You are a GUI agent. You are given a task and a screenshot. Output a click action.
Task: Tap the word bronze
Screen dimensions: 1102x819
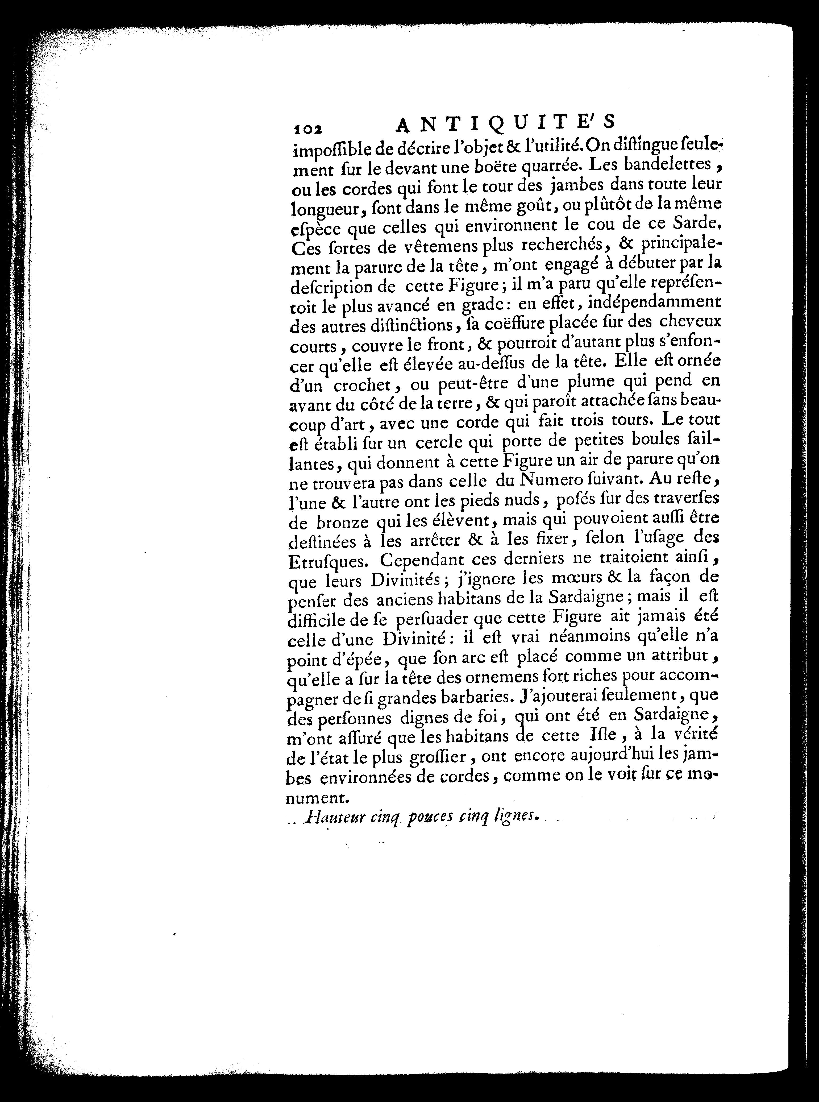click(x=335, y=523)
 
